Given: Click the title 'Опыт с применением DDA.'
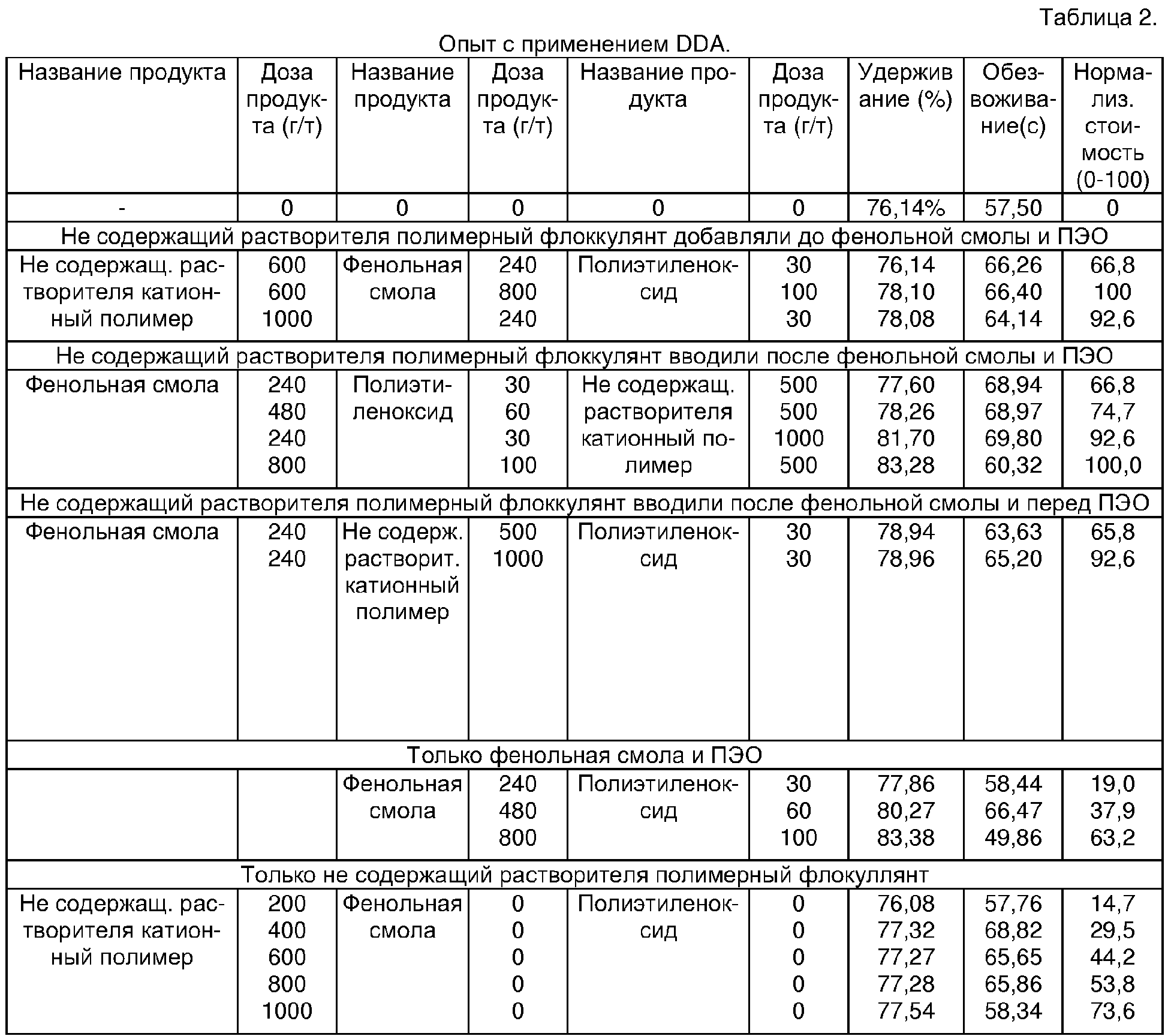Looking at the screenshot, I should click(585, 44).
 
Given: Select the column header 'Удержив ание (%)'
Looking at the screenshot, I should click(905, 86).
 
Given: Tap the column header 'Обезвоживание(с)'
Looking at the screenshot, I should click(1013, 99).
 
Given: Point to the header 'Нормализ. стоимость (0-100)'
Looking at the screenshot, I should click(1112, 125).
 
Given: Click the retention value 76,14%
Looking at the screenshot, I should click(905, 208).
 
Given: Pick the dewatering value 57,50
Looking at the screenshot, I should click(1013, 208).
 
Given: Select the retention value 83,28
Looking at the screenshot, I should click(905, 465).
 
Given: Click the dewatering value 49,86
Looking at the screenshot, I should click(1013, 837).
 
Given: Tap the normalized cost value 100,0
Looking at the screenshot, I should click(1113, 465).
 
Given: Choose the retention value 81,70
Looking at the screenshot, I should click(905, 439).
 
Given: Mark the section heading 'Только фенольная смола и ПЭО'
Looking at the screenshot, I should click(585, 755).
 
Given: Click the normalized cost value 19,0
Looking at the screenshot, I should click(1112, 783).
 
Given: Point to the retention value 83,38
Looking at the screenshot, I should click(905, 837).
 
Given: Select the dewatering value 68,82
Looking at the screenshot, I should click(1013, 930).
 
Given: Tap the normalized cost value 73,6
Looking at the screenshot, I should click(1112, 1011).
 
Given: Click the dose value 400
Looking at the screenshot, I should click(287, 930).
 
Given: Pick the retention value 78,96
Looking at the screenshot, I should click(905, 558).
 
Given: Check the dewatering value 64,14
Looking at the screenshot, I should click(1013, 319).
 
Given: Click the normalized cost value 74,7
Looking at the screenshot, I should click(1112, 412).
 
